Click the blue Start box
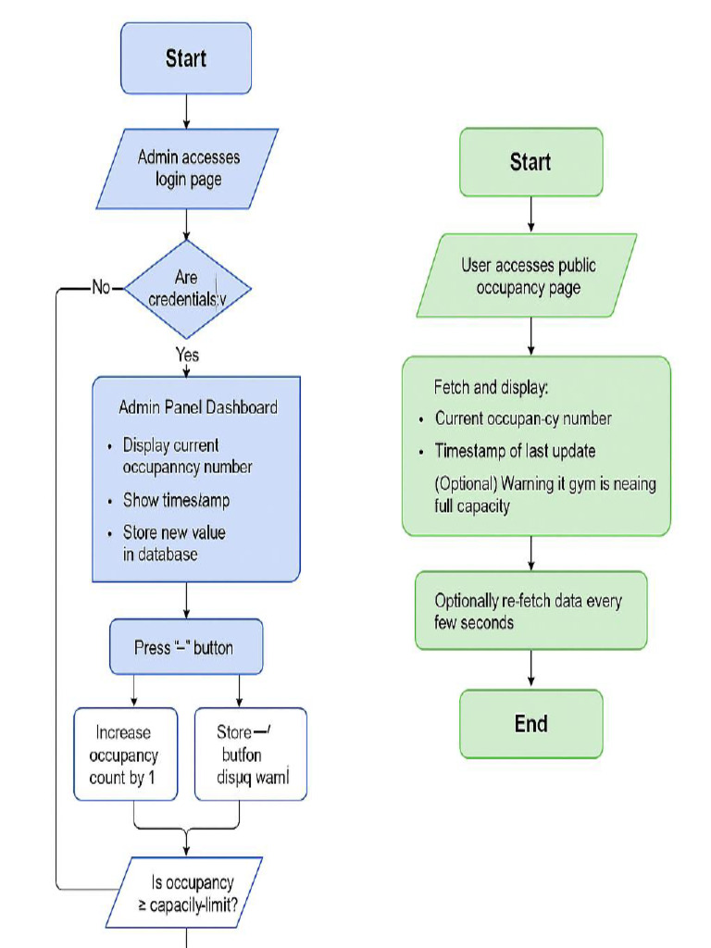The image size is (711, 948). tap(186, 58)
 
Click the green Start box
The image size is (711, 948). tap(530, 163)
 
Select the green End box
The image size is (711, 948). tap(530, 724)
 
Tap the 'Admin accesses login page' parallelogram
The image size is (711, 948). tap(187, 168)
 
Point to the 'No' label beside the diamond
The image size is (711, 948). tap(101, 287)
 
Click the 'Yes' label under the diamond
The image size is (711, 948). tap(187, 355)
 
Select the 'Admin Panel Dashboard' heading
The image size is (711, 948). tap(198, 407)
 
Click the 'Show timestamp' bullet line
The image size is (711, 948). tap(176, 500)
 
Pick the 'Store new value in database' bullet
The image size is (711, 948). tap(174, 543)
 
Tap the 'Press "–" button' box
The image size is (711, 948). tap(185, 647)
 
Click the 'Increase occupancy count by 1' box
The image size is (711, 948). tap(124, 755)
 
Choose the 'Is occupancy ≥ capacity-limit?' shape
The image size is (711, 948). tap(187, 893)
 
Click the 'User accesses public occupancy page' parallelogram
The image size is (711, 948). tap(529, 276)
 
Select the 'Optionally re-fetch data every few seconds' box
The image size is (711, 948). tap(530, 611)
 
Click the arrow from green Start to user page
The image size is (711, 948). tap(530, 215)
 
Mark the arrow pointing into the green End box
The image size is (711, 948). tap(530, 669)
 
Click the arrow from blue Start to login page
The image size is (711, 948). tap(187, 110)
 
